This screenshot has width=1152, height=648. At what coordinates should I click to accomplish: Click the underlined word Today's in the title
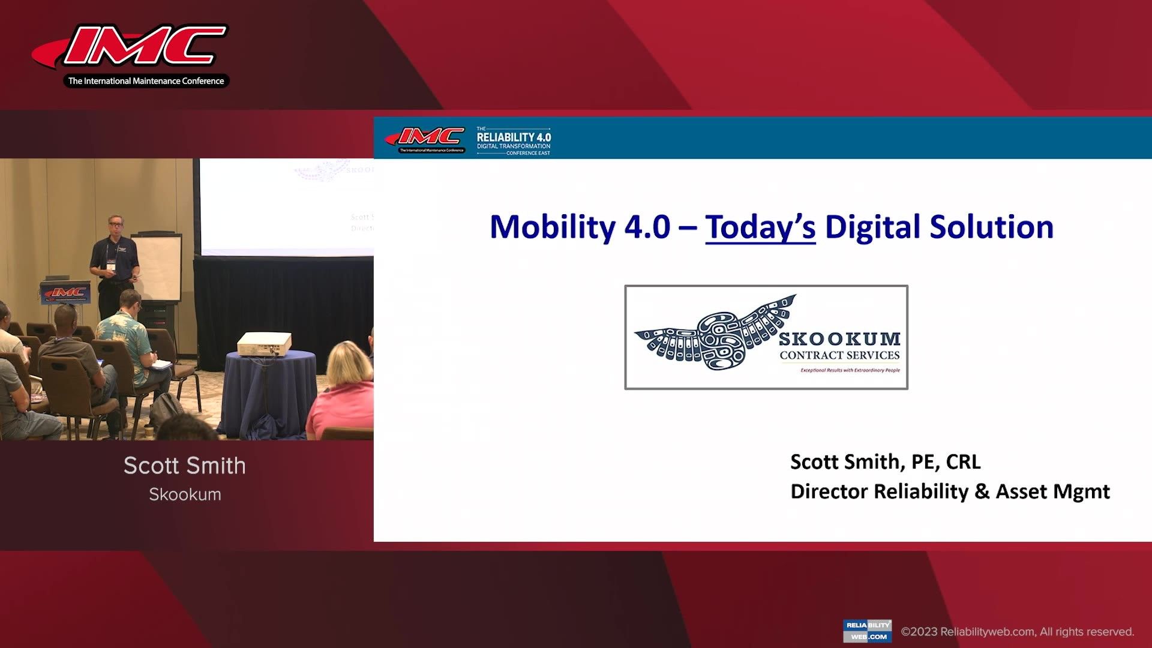click(760, 227)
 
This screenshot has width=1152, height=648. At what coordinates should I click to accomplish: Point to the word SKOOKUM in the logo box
click(839, 339)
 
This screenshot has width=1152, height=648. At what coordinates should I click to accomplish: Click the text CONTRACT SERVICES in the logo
click(839, 355)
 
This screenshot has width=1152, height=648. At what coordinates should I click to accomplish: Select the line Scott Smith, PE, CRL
click(885, 461)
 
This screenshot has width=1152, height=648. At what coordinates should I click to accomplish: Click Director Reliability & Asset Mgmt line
click(950, 491)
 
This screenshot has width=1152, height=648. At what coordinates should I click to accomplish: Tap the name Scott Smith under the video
click(184, 466)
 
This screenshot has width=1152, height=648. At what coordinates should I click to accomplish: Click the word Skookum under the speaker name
click(184, 494)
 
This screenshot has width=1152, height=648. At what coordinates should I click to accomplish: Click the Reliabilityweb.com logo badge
click(867, 631)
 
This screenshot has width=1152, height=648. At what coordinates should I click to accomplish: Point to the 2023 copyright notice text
click(1017, 632)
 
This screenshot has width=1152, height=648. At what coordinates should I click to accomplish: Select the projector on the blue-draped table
click(264, 344)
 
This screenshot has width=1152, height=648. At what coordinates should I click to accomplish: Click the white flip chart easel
click(157, 267)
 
